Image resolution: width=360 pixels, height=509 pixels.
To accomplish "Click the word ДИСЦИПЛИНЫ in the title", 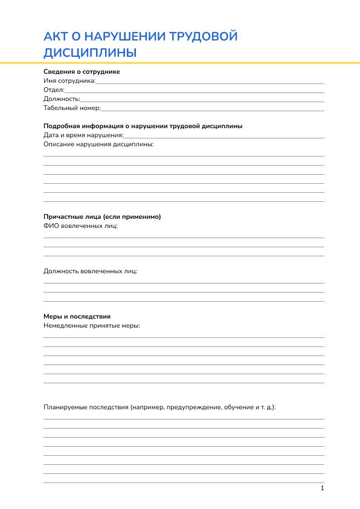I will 90,53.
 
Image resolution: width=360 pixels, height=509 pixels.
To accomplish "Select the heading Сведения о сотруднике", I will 82,71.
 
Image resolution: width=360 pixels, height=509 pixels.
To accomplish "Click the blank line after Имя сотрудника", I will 210,81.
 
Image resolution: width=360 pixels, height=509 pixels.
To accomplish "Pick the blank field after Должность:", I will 202,99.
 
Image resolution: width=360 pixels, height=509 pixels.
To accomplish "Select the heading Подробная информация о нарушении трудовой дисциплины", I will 143,126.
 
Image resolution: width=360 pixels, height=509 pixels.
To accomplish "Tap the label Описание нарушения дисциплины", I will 98,144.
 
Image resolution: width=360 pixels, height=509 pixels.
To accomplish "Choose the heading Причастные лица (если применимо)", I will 102,216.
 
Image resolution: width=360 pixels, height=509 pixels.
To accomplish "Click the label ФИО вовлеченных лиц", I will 80,225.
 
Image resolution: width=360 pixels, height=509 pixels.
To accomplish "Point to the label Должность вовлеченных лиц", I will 90,271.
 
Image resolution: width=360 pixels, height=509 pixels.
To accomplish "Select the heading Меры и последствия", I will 77,316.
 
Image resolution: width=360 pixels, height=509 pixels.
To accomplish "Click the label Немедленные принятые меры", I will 92,325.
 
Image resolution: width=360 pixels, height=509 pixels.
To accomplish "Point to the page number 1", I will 323,488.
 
